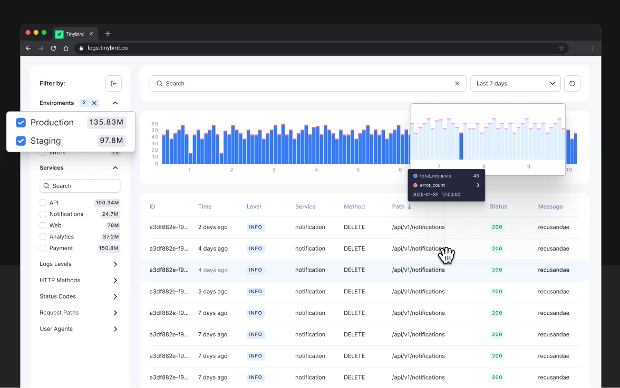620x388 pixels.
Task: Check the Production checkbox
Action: [21, 123]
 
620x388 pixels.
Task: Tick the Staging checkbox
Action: [21, 141]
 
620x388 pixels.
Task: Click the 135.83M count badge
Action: [106, 123]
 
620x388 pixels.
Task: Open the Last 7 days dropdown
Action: [515, 84]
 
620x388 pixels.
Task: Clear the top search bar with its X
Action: [457, 84]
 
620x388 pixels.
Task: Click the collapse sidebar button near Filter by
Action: [113, 83]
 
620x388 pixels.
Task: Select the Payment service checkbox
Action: [43, 248]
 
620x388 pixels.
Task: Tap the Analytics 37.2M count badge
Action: [111, 237]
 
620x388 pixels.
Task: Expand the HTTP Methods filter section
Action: [115, 281]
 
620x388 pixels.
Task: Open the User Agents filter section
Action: [115, 329]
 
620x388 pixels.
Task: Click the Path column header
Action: [398, 207]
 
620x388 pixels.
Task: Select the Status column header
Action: [498, 207]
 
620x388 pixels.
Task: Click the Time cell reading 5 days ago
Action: [213, 292]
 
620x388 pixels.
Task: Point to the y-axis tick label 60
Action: [154, 124]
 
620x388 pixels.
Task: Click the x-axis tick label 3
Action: [274, 170]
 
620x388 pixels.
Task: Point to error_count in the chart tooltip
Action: [432, 185]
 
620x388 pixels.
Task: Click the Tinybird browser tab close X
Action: [91, 34]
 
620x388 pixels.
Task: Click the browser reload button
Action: [53, 48]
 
